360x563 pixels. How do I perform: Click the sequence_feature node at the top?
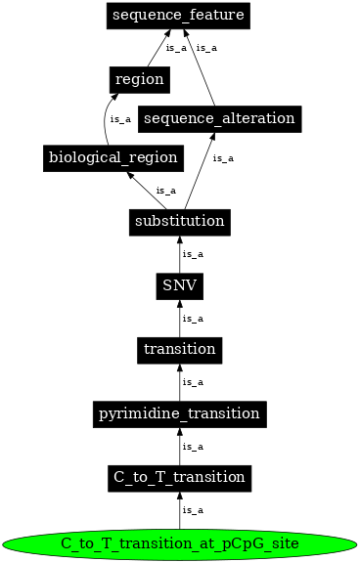178,16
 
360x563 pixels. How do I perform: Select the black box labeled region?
139,79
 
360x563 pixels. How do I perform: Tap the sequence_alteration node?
219,118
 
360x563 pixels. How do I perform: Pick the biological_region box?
113,157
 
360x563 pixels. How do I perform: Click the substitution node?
179,221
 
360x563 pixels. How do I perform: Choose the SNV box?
179,285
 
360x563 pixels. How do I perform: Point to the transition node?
179,349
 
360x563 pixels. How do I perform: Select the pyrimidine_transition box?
179,413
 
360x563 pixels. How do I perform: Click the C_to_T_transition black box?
179,477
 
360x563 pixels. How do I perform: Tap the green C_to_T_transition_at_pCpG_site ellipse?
179,542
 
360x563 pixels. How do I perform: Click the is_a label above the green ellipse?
194,510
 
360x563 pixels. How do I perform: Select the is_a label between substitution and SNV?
194,254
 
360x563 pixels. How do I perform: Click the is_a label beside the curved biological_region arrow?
120,119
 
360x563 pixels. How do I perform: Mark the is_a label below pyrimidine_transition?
194,446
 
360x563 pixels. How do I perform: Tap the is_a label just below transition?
194,382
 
